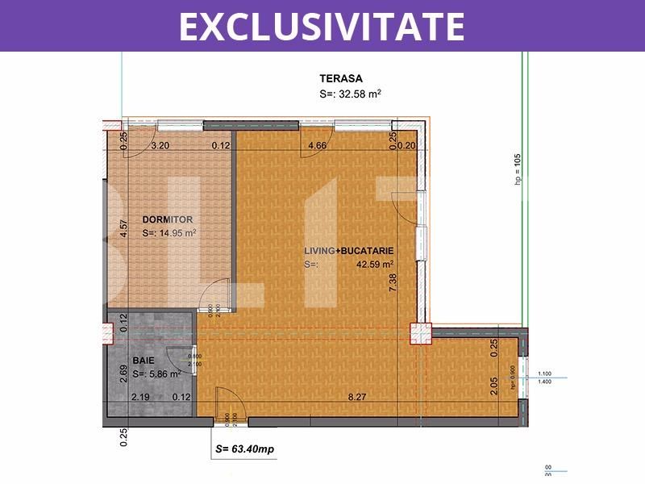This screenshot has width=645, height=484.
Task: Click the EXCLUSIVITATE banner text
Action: click(322, 26)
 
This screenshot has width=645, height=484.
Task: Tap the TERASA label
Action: click(341, 79)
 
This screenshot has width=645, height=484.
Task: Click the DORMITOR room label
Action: click(168, 219)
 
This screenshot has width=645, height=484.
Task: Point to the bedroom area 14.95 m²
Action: click(177, 233)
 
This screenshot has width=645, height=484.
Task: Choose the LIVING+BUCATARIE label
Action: click(348, 251)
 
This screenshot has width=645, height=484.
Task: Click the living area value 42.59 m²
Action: click(375, 264)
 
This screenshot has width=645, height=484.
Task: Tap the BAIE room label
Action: click(143, 361)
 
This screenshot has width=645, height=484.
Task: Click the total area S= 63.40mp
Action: click(245, 449)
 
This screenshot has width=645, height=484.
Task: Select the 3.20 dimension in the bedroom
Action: click(160, 146)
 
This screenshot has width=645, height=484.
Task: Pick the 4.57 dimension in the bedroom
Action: click(123, 230)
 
